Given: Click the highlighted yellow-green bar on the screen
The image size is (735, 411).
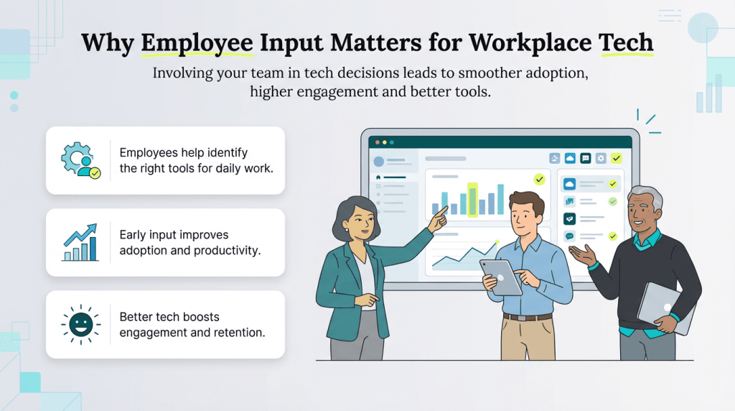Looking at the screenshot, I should point(472,199).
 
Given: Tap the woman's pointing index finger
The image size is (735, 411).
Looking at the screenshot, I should point(444,209).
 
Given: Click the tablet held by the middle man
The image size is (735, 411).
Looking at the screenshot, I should point(502,277).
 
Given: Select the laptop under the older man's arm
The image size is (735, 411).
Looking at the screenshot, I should point(665,305).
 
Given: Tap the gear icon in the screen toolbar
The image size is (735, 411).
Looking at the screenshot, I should point(601,158).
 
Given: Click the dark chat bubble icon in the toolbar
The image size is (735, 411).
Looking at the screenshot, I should point(586,158).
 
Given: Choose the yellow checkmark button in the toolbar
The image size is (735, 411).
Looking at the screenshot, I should point(616,158).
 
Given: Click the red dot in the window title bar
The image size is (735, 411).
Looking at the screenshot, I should point(375,142).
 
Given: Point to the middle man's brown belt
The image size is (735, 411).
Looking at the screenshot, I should point(528,316).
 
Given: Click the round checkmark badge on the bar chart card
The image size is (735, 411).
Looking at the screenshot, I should point(539,179).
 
